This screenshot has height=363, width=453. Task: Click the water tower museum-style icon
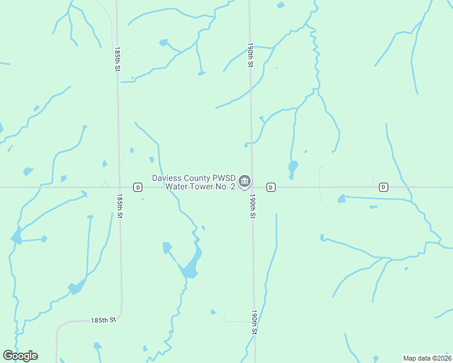pyautogui.click(x=245, y=181)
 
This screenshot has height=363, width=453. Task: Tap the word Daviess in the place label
pyautogui.click(x=167, y=178)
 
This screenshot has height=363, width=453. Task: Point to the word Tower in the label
pyautogui.click(x=201, y=187)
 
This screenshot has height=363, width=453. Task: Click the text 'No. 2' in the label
pyautogui.click(x=225, y=187)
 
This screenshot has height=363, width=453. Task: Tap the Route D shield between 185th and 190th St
pyautogui.click(x=138, y=188)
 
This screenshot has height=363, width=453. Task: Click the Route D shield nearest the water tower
pyautogui.click(x=271, y=188)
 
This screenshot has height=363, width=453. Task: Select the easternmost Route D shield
pyautogui.click(x=383, y=187)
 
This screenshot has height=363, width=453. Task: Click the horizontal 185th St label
pyautogui.click(x=103, y=319)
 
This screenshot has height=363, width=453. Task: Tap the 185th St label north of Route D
pyautogui.click(x=117, y=61)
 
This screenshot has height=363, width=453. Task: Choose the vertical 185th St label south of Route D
pyautogui.click(x=121, y=206)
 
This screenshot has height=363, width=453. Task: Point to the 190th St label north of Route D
pyautogui.click(x=250, y=54)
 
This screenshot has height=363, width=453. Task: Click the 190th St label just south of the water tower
pyautogui.click(x=251, y=206)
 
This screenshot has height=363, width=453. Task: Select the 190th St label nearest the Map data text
pyautogui.click(x=254, y=323)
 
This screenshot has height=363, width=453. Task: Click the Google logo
pyautogui.click(x=20, y=356)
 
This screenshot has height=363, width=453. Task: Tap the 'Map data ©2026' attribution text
pyautogui.click(x=427, y=358)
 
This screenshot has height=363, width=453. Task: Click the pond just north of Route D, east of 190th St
pyautogui.click(x=293, y=166)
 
